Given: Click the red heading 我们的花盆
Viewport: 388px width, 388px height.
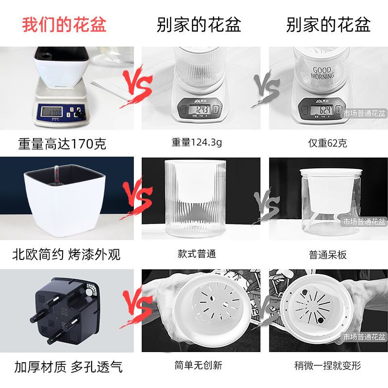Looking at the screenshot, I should [x=64, y=24].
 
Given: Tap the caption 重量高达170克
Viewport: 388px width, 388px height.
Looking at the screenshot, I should [x=62, y=144].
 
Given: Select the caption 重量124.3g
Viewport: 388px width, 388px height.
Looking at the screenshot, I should [x=197, y=143].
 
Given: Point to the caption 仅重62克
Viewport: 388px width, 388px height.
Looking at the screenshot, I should [x=328, y=143].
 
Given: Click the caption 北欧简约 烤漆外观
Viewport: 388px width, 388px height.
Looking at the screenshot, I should [x=66, y=254].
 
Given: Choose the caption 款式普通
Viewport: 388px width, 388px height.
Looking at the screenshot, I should [x=197, y=254].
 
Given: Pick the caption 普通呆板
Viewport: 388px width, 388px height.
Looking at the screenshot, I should [x=328, y=254].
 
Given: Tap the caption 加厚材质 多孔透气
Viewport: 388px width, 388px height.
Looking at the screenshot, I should [x=68, y=366].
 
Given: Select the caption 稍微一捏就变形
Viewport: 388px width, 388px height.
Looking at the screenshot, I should [x=328, y=366].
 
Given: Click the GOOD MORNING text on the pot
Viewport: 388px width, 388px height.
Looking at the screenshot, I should [x=322, y=73].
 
